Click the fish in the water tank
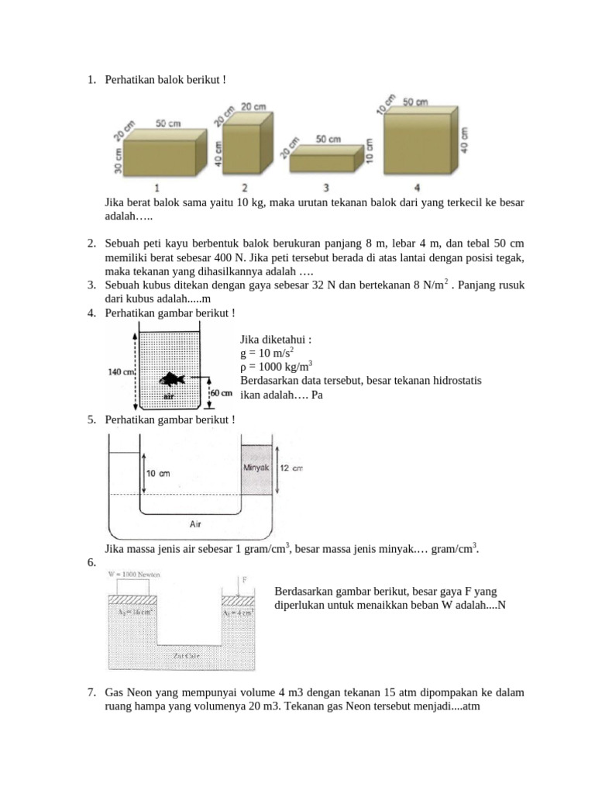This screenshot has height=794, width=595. [172, 379]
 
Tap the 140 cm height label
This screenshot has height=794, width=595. [122, 372]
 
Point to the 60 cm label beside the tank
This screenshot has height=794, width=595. [222, 393]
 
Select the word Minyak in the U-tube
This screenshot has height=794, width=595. [256, 468]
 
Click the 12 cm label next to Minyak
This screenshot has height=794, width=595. [291, 468]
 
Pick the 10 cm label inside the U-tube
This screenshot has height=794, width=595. [159, 473]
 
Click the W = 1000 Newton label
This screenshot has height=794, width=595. [133, 575]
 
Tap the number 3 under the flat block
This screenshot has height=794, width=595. [326, 188]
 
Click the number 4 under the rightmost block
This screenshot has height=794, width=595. [417, 188]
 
